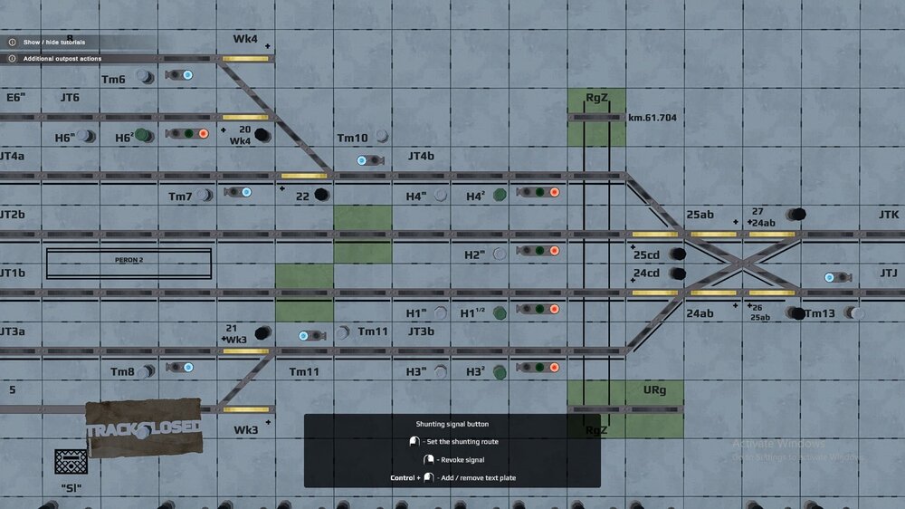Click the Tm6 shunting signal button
coord(145,78)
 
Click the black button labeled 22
coord(321,195)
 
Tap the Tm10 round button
coord(382,137)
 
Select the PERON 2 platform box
coord(129,263)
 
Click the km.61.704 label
coord(652,118)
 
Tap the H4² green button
coord(500,195)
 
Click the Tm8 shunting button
coord(147,370)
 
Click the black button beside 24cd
coord(677,273)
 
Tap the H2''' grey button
coord(499,254)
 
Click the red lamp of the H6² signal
coord(204,134)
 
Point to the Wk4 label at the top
coord(245,39)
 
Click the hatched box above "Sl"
coord(71,462)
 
